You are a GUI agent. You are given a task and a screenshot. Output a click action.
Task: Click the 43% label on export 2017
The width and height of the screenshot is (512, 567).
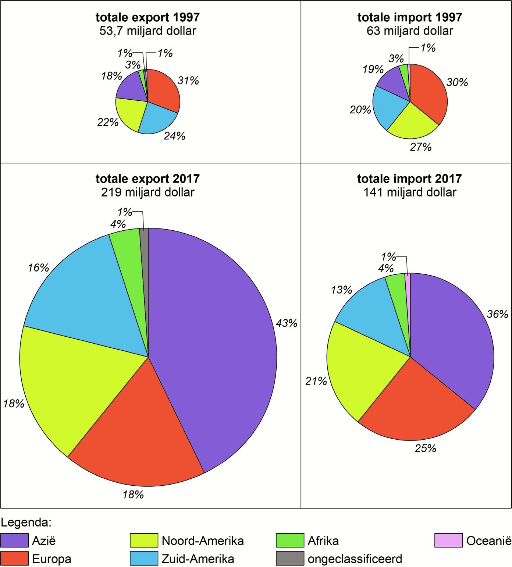coord(287,323)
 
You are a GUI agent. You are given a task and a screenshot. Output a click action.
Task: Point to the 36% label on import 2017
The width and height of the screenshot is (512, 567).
coord(497,314)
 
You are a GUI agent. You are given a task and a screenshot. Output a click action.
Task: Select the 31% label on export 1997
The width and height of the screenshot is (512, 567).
coord(188,81)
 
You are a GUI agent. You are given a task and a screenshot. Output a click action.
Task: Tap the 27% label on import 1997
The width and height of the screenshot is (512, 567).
coord(420,147)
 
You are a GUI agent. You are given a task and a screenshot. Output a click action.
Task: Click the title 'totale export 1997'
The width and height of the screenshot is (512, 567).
coord(147,17)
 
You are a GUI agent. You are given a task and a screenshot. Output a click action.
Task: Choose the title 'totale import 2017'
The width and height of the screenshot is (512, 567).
coord(409,179)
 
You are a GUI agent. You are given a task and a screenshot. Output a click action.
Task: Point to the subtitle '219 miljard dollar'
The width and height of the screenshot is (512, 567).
coord(147,192)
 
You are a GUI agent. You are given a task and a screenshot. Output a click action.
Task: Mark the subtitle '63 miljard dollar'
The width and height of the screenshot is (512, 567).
coord(409,31)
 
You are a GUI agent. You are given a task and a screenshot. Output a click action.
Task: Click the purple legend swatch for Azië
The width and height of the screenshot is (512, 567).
coord(14,541)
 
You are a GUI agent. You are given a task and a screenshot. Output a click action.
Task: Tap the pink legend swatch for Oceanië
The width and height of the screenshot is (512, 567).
coord(448,541)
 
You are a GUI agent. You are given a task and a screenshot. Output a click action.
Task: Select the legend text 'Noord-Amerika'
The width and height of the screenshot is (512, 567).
coord(203,541)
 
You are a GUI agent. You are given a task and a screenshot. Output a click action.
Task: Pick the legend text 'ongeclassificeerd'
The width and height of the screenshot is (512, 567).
coord(355,559)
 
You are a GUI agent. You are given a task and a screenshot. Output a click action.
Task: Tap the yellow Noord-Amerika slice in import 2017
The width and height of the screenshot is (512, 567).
coord(353,375)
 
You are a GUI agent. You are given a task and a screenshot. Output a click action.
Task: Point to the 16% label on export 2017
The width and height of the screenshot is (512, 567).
coord(38,268)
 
